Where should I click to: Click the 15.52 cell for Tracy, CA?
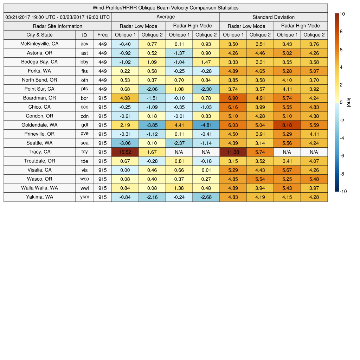click(125, 152)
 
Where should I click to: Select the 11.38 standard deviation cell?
click(233, 152)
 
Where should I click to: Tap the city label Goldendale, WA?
click(39, 125)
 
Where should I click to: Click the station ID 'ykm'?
click(84, 197)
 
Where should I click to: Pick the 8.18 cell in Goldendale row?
click(287, 125)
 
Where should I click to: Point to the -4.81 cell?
click(206, 125)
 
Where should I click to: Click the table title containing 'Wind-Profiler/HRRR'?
click(166, 8)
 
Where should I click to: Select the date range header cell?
click(58, 17)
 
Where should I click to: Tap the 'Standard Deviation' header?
click(274, 17)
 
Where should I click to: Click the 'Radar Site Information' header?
click(58, 26)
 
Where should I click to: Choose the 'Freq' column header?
click(102, 35)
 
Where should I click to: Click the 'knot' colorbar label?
click(349, 102)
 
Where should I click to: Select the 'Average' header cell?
click(166, 17)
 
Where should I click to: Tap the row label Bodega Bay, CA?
click(39, 62)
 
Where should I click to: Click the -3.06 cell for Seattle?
click(125, 143)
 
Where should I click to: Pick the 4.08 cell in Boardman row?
click(125, 98)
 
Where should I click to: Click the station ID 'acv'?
click(84, 44)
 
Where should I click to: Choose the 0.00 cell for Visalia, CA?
click(125, 170)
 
